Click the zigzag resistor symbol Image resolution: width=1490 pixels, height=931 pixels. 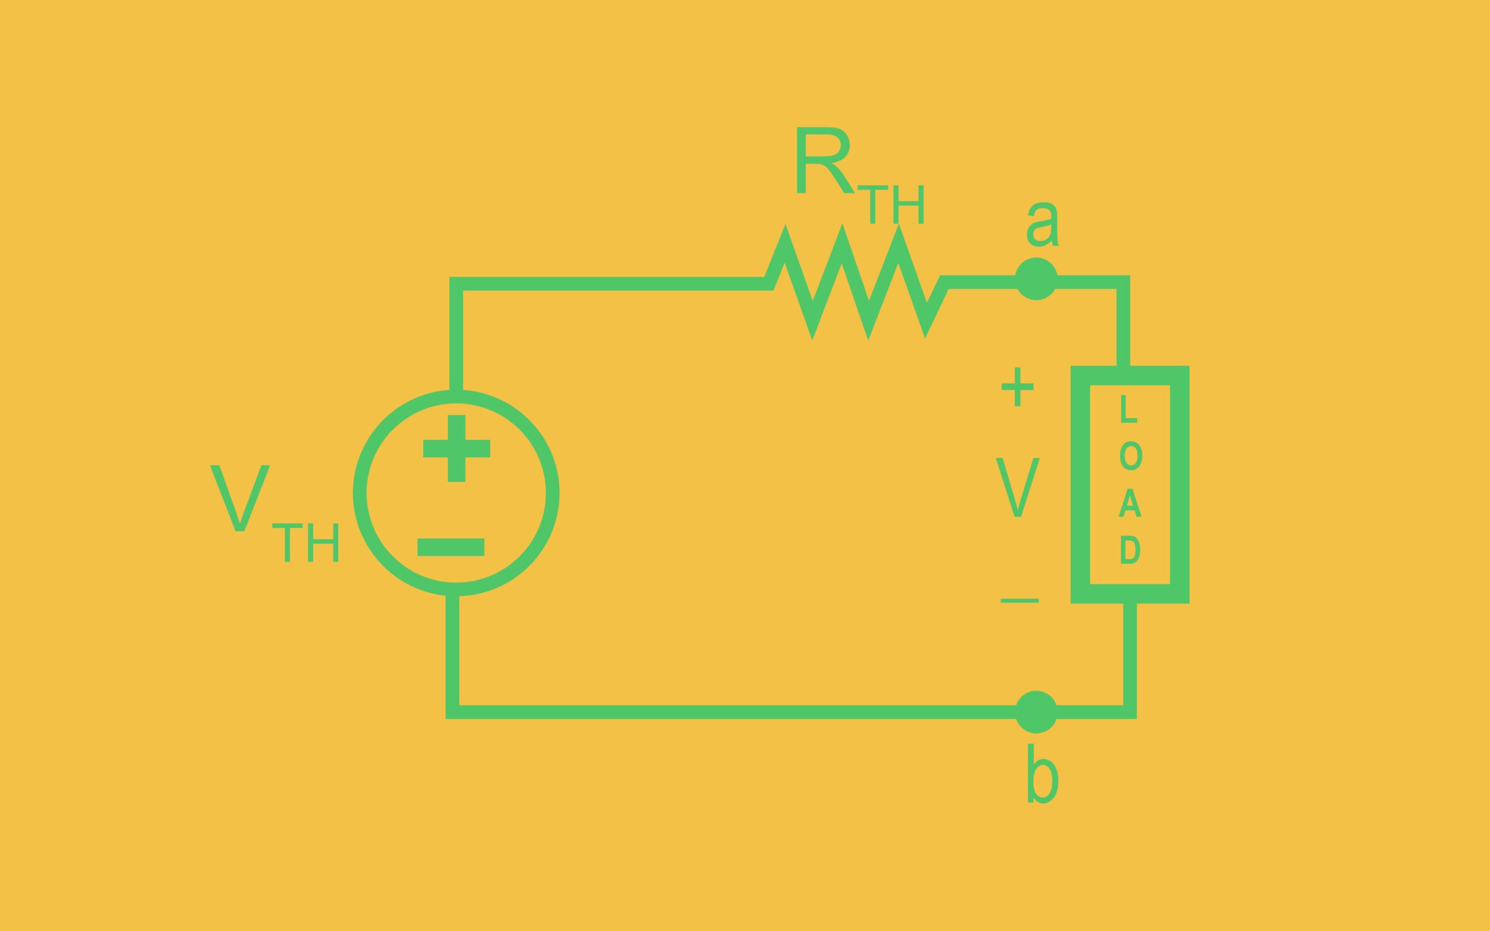tap(856, 283)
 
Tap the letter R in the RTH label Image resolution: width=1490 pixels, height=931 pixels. tap(824, 161)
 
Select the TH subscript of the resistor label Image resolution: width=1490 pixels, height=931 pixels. tap(891, 204)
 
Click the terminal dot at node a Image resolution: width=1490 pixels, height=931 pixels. tap(1036, 279)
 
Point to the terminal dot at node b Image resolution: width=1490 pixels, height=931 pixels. tap(1036, 712)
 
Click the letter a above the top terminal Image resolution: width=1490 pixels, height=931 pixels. tap(1042, 225)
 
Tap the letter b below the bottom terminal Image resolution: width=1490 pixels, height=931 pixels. tap(1042, 773)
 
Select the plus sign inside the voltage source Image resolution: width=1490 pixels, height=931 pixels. tap(456, 448)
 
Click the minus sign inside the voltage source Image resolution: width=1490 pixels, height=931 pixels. tap(450, 548)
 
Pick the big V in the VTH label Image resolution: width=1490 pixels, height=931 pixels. tap(240, 498)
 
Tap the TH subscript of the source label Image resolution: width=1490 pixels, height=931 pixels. tap(306, 542)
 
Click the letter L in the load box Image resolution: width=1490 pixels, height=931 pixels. tap(1128, 409)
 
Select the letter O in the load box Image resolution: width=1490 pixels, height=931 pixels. tap(1130, 456)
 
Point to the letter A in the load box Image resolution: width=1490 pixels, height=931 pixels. tap(1130, 503)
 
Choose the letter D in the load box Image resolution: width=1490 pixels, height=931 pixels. tap(1130, 550)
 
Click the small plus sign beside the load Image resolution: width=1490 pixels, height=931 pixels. tap(1017, 387)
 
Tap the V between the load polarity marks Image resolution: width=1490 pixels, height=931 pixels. tap(1018, 487)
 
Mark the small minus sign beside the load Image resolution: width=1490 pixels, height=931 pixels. tap(1020, 600)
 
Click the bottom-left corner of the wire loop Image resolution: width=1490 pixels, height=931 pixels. tap(453, 712)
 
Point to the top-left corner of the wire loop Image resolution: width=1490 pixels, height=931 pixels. tap(456, 284)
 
